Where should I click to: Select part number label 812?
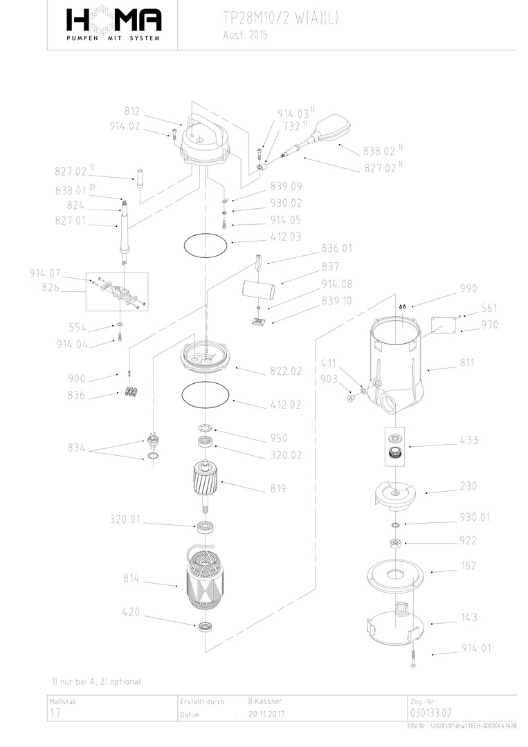pyautogui.click(x=132, y=111)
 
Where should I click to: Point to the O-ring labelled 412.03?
pyautogui.click(x=205, y=244)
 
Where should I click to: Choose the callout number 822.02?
pyautogui.click(x=286, y=371)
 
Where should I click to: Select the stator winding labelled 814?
pyautogui.click(x=205, y=581)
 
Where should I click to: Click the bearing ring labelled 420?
pyautogui.click(x=205, y=627)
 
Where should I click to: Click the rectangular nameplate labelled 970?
pyautogui.click(x=444, y=323)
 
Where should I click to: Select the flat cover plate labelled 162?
pyautogui.click(x=394, y=575)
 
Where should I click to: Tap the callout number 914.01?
pyautogui.click(x=477, y=648)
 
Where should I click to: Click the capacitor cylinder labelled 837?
pyautogui.click(x=259, y=286)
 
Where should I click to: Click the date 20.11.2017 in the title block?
pyautogui.click(x=266, y=714)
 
